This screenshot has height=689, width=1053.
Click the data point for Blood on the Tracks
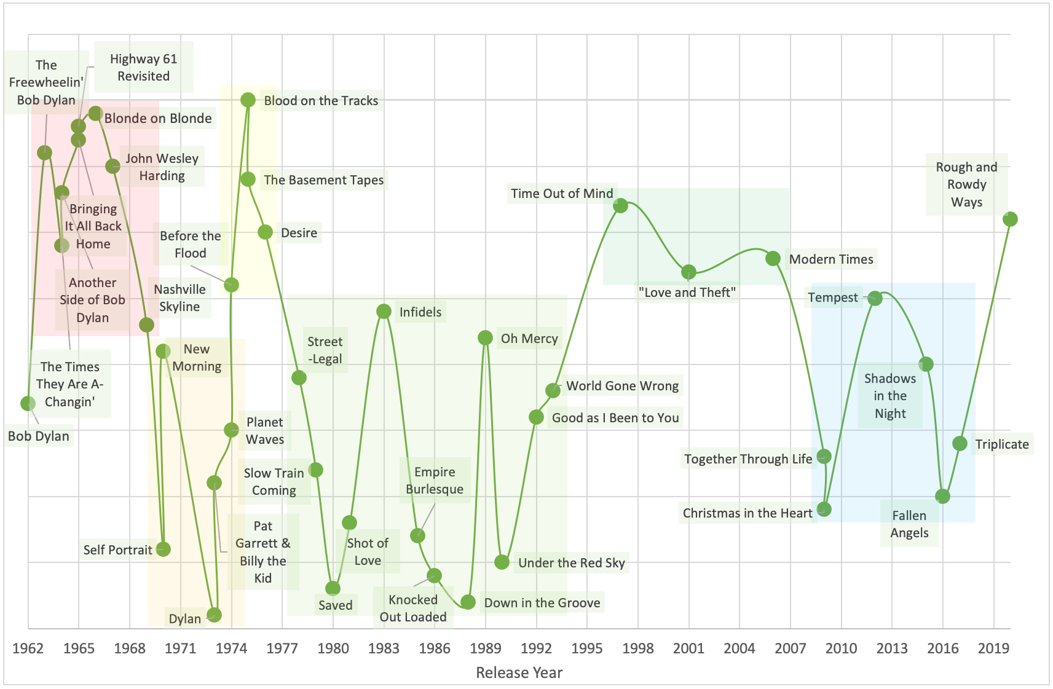pos(248,100)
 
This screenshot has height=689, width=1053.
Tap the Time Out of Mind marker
pos(620,205)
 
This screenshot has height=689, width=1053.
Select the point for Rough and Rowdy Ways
pos(1010,219)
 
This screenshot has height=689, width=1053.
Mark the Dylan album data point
pos(214,615)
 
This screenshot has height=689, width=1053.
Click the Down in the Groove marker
pos(468,602)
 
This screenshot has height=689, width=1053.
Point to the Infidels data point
pos(384,312)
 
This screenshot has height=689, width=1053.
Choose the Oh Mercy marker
pos(485,337)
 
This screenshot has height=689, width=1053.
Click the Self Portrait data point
pos(163,549)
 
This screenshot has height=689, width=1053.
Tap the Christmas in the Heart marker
pos(824,509)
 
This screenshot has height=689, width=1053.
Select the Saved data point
pos(333,588)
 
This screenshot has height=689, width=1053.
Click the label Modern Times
pos(830,259)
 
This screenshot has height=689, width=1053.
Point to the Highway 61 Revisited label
pos(143,68)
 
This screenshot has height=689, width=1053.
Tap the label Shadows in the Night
pos(889,396)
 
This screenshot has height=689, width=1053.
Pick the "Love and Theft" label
pos(687,293)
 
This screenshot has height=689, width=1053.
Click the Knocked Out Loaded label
pos(412,608)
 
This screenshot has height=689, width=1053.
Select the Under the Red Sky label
pos(571,563)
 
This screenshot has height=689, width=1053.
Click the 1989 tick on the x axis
pos(485,648)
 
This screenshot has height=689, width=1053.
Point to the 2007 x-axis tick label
pos(790,648)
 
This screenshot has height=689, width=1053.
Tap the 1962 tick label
pos(28,648)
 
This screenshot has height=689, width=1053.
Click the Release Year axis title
pos(519,672)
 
